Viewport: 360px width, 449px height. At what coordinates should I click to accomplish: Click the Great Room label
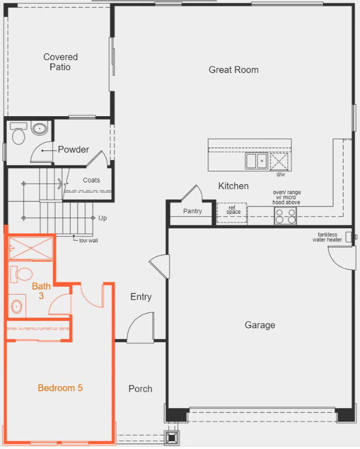234,70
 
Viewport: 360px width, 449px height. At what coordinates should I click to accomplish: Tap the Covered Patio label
61,62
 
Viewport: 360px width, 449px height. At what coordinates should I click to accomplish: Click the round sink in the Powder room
39,129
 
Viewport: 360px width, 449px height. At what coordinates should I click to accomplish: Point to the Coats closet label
91,180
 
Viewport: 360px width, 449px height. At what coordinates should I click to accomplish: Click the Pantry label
192,211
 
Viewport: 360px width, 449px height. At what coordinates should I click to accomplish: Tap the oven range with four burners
285,216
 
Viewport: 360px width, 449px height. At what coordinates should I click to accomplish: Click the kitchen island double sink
256,161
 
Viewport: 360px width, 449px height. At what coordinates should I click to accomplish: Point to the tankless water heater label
327,237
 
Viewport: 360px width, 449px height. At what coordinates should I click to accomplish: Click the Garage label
260,325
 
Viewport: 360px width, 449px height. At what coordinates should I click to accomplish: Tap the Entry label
141,297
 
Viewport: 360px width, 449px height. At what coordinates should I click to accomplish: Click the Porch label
140,389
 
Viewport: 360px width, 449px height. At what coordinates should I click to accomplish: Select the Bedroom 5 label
60,388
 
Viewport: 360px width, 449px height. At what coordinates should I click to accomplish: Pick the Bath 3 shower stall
31,248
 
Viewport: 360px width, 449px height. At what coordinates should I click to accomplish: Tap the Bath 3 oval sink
17,307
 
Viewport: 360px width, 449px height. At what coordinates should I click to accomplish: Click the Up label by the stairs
102,218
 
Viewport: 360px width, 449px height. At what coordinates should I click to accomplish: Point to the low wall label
88,240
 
